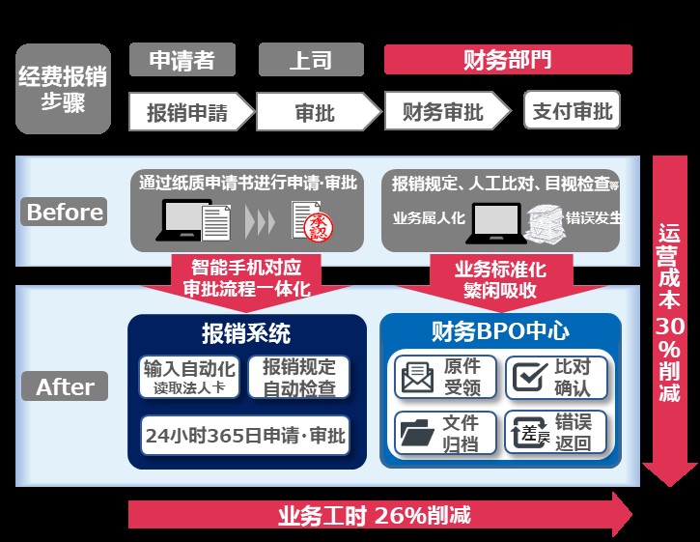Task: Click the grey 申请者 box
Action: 182,60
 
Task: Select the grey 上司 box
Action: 310,60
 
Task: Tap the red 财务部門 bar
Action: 508,60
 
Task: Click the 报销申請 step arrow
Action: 189,112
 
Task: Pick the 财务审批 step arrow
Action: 445,112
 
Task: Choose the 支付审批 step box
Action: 572,111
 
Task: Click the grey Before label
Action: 64,212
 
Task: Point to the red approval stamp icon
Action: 316,225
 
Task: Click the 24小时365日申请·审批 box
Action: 244,435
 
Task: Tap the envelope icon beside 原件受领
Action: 417,378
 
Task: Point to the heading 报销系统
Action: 246,333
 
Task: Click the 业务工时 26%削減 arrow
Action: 377,514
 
